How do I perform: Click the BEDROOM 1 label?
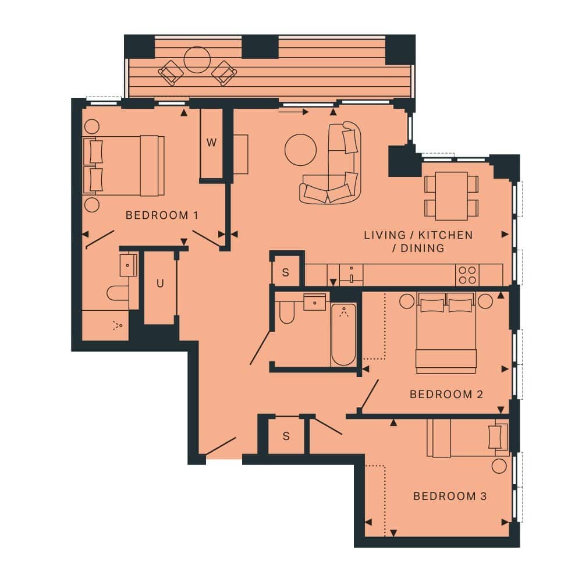pyautogui.click(x=162, y=215)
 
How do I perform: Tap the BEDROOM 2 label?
pyautogui.click(x=446, y=394)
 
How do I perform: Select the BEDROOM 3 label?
pyautogui.click(x=450, y=496)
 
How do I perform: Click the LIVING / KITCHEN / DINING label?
pyautogui.click(x=418, y=242)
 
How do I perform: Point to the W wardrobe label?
pyautogui.click(x=211, y=143)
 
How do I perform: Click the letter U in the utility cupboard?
pyautogui.click(x=160, y=283)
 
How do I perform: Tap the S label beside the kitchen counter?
pyautogui.click(x=285, y=273)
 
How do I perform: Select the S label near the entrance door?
pyautogui.click(x=286, y=436)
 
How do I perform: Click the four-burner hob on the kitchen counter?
pyautogui.click(x=467, y=275)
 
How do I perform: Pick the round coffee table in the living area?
pyautogui.click(x=301, y=150)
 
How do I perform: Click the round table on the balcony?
pyautogui.click(x=197, y=60)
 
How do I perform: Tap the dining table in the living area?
pyautogui.click(x=452, y=196)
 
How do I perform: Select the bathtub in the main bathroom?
pyautogui.click(x=343, y=335)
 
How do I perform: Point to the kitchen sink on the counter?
pyautogui.click(x=351, y=275)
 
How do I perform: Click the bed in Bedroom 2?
pyautogui.click(x=446, y=333)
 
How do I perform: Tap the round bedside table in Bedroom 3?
pyautogui.click(x=499, y=466)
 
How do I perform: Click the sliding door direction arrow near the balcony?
pyautogui.click(x=293, y=112)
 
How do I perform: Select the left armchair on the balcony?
pyautogui.click(x=171, y=73)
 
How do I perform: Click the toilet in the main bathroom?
pyautogui.click(x=286, y=312)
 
